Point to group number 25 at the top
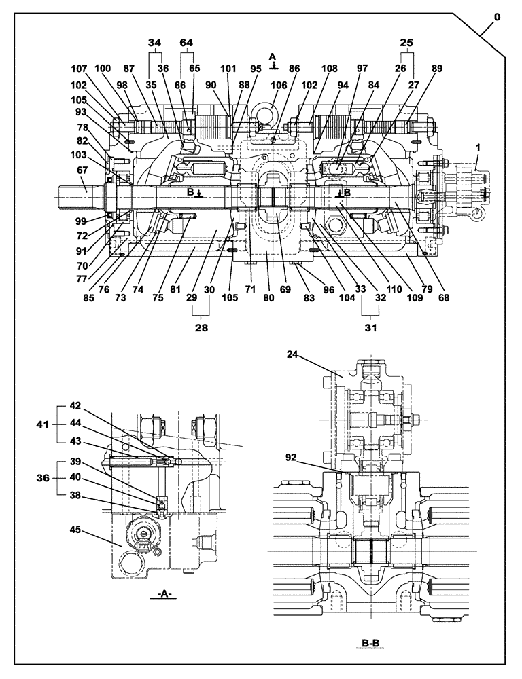click(406, 42)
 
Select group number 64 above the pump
click(186, 42)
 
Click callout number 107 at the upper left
click(80, 68)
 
